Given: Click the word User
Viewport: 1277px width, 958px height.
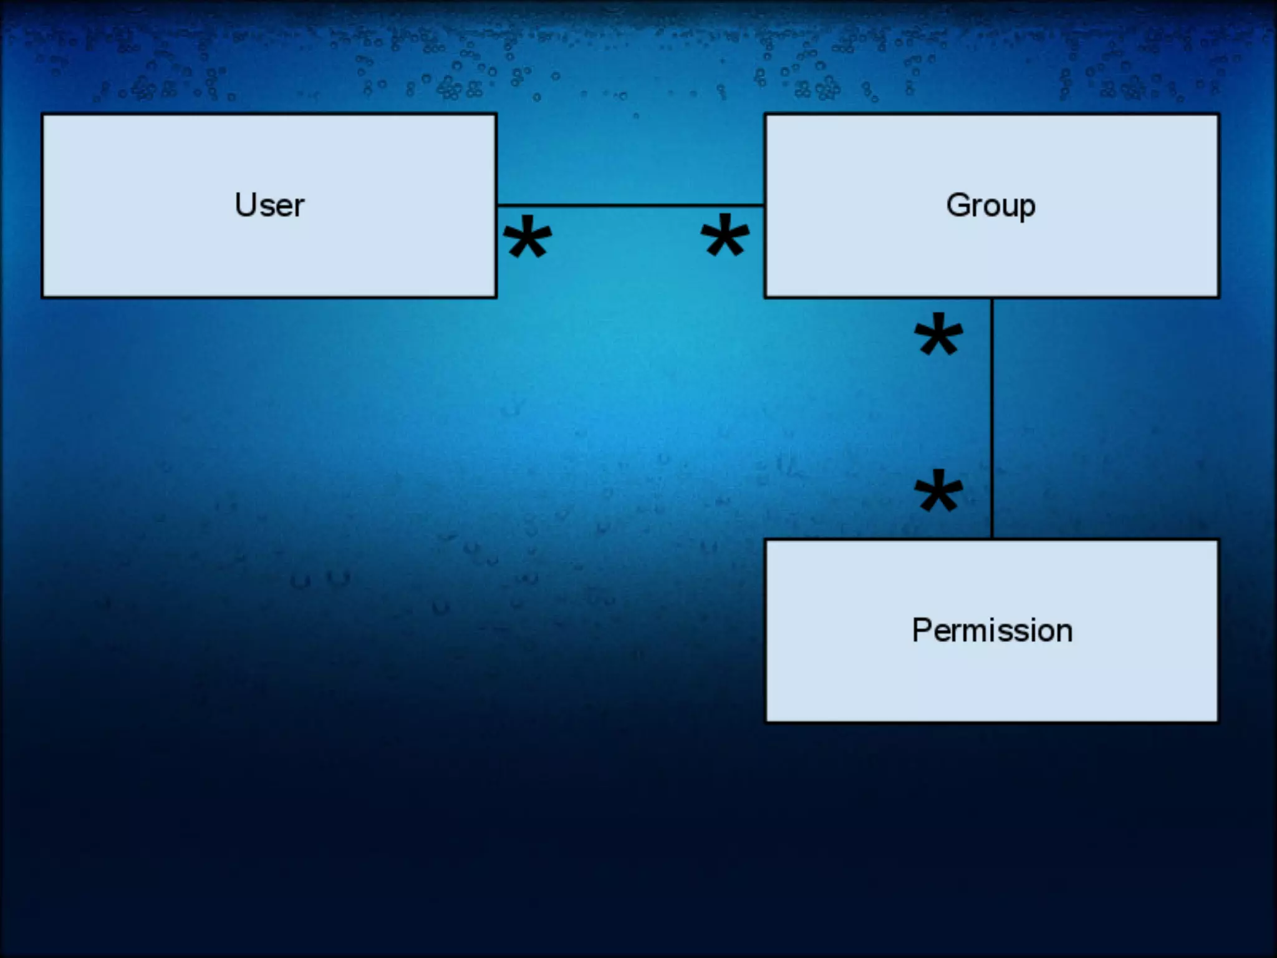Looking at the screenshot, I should [x=269, y=205].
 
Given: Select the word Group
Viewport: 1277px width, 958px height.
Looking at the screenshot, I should [x=991, y=205].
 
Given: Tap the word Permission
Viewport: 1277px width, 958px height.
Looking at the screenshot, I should [x=992, y=630].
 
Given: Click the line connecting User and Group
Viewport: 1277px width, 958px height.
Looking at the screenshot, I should [x=630, y=205].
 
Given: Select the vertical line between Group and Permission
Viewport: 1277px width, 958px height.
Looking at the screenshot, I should [x=992, y=418].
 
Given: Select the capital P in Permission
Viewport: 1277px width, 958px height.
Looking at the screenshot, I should [x=922, y=630].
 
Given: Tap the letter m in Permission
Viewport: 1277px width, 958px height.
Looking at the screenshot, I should [x=972, y=631].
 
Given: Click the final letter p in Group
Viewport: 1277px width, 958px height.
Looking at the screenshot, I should [x=1027, y=208].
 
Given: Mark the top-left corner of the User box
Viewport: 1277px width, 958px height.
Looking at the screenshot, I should [x=42, y=114].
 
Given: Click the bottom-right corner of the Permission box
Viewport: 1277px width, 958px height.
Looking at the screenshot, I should [x=1217, y=722].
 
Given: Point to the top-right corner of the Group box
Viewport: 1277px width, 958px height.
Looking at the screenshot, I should [x=1218, y=114].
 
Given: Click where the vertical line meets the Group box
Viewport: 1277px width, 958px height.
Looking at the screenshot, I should [x=992, y=298].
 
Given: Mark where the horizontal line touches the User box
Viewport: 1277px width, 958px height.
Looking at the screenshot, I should [x=497, y=205].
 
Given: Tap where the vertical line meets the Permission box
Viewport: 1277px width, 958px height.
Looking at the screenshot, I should [x=992, y=539].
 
